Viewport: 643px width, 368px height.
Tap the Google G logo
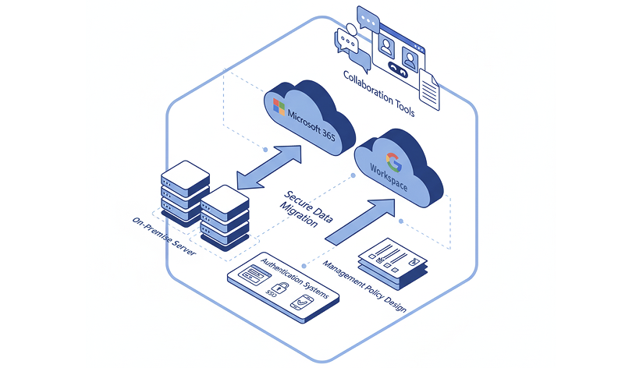point(394,163)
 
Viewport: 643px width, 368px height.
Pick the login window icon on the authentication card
point(254,275)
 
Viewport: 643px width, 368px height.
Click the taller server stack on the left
point(185,192)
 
